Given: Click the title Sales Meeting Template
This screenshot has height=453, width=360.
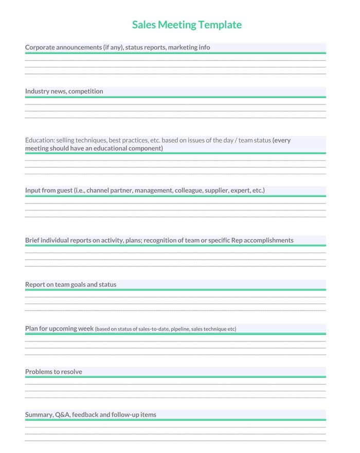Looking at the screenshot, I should (187, 25).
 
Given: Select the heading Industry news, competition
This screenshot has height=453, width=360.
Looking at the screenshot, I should (64, 92).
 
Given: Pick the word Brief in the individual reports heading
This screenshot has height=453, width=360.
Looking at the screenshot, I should (32, 240).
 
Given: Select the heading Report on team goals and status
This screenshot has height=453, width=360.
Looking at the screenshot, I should (70, 284).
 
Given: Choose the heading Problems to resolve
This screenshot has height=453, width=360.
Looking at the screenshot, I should (53, 372).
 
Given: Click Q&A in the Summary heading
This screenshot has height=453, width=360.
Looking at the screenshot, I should (62, 414).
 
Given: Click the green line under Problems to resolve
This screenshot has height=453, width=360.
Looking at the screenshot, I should (175, 377).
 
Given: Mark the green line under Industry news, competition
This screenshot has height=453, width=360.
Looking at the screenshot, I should (175, 97).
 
